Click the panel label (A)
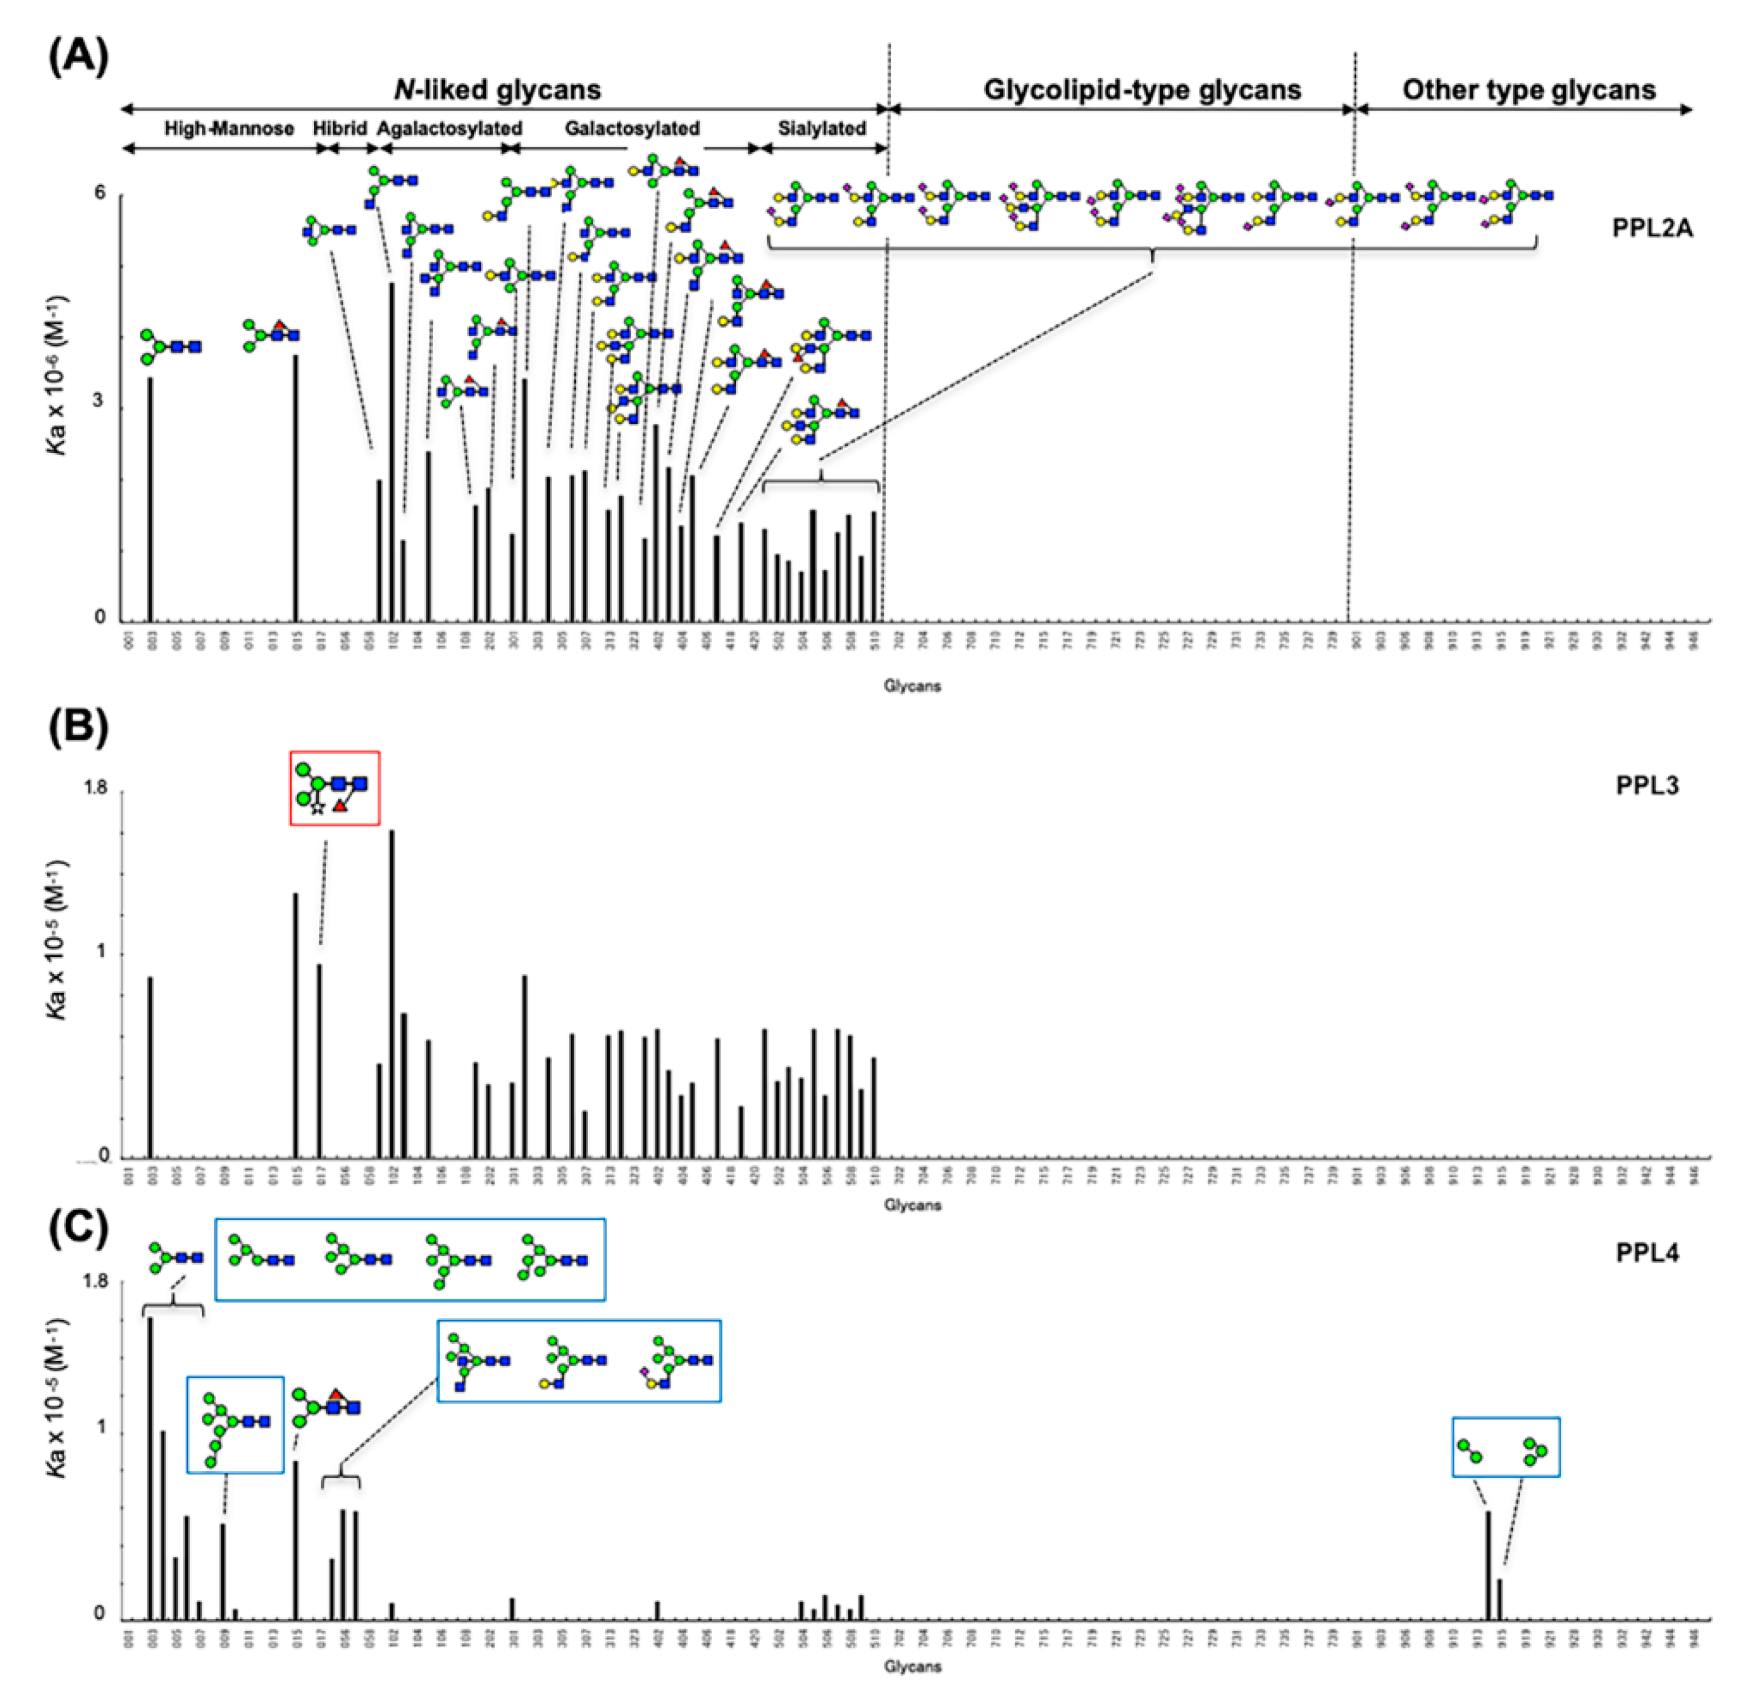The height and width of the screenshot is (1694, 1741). pyautogui.click(x=78, y=58)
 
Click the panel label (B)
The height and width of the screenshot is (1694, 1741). pyautogui.click(x=78, y=727)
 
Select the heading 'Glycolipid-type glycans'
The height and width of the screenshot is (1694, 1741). pyautogui.click(x=1142, y=90)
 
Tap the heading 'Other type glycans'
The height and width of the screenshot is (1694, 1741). pyautogui.click(x=1528, y=90)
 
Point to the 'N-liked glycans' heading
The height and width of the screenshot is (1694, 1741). pyautogui.click(x=498, y=90)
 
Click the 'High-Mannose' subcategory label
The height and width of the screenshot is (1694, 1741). pyautogui.click(x=229, y=129)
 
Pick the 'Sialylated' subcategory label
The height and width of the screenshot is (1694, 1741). pyautogui.click(x=821, y=129)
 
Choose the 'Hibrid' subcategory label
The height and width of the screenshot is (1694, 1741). pyautogui.click(x=339, y=129)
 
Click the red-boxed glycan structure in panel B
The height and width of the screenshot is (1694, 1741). pyautogui.click(x=335, y=789)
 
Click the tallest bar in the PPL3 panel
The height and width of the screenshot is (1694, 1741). pyautogui.click(x=392, y=993)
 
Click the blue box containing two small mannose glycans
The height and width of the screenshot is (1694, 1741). pyautogui.click(x=1505, y=1447)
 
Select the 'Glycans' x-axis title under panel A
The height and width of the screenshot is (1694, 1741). pyautogui.click(x=911, y=686)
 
